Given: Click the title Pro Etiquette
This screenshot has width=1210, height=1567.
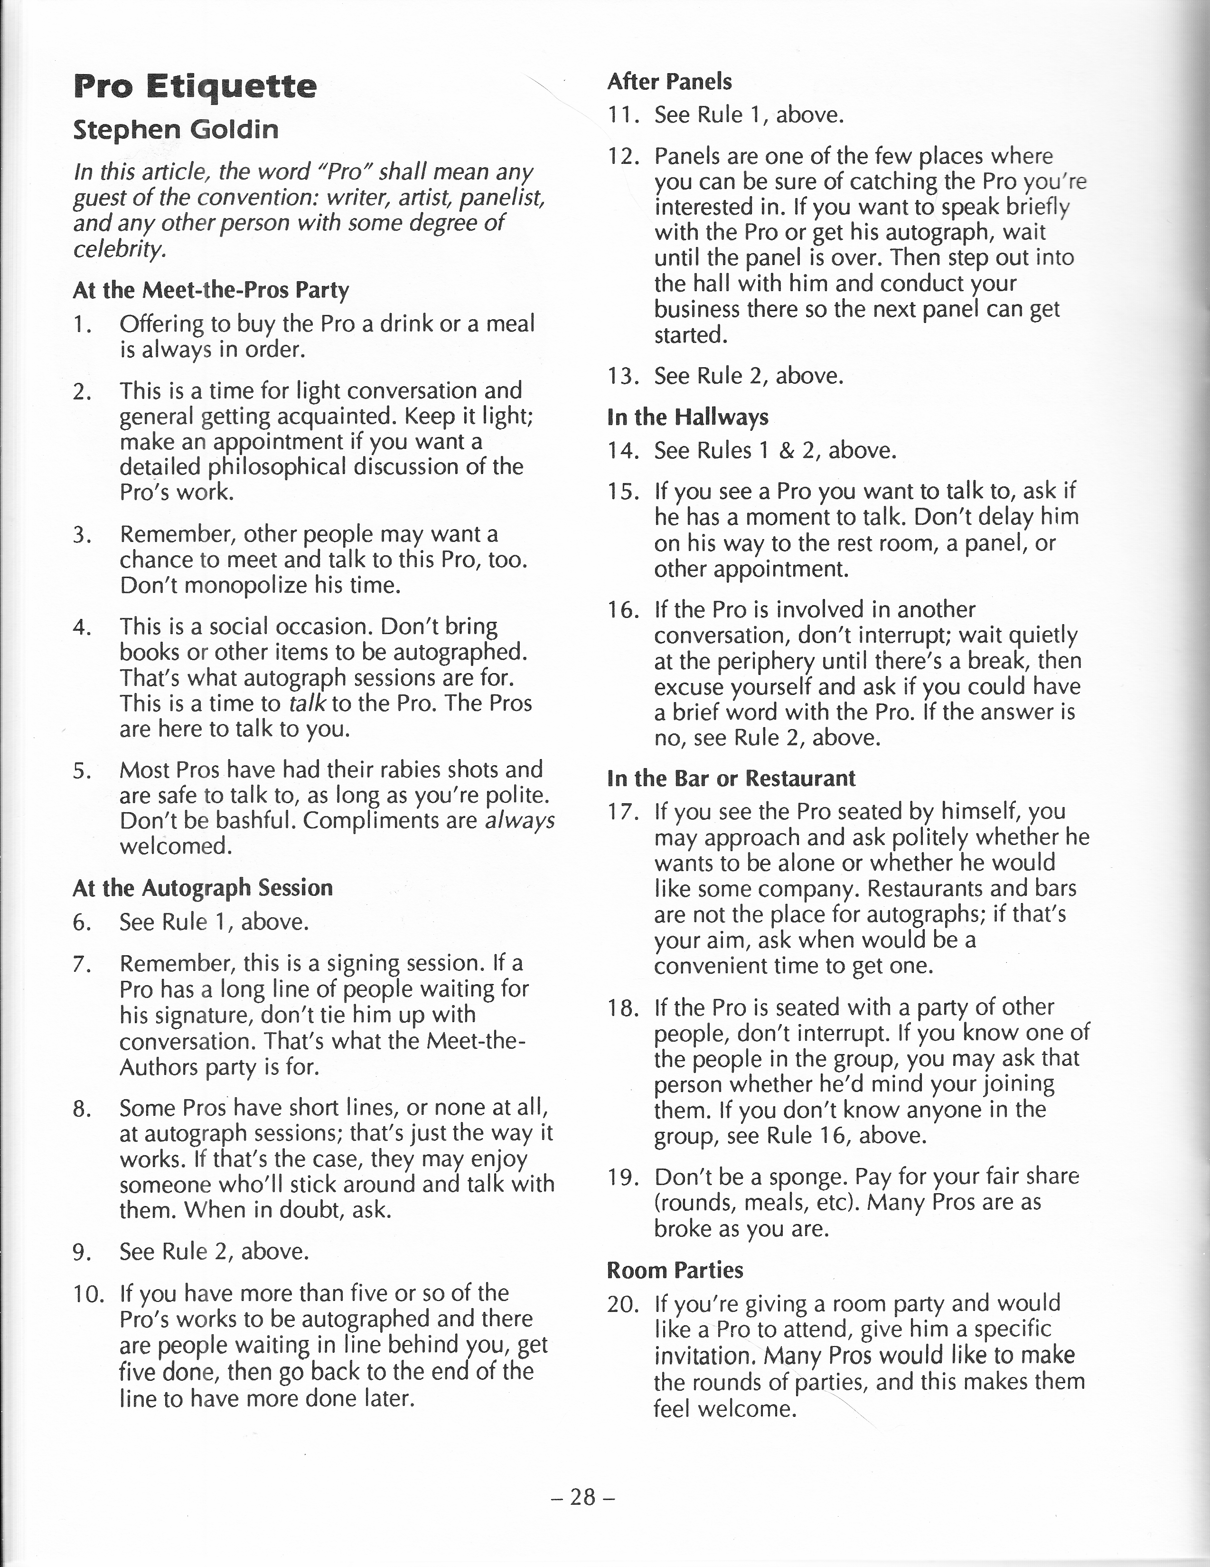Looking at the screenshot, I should click(x=195, y=87).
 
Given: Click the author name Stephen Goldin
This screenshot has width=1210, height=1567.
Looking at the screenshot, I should click(x=176, y=130).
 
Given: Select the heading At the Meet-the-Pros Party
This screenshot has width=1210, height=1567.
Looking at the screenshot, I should click(x=211, y=291).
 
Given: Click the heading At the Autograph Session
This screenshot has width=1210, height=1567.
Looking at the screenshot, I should click(x=203, y=888).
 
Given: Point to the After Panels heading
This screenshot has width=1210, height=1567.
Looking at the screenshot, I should click(x=669, y=82).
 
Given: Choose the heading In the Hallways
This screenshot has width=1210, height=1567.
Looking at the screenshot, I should click(x=687, y=417).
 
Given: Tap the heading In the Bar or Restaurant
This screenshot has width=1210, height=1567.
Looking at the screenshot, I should click(x=731, y=779).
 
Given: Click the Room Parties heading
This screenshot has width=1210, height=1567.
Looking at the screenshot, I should click(x=675, y=1270).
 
